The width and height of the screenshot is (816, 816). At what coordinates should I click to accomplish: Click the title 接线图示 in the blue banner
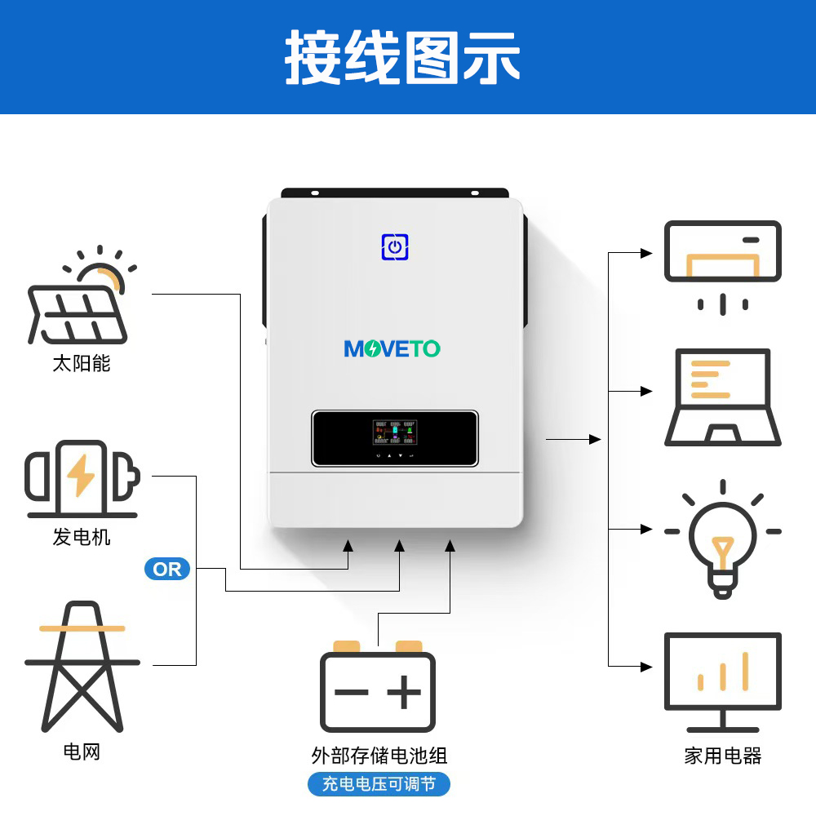tap(402, 58)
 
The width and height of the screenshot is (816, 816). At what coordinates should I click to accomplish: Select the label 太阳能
tap(81, 363)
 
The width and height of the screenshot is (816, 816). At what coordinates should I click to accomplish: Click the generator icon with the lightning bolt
tap(82, 478)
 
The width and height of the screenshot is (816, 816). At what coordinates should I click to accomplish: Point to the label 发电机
tap(81, 537)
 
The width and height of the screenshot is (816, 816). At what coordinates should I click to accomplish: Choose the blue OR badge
tap(167, 569)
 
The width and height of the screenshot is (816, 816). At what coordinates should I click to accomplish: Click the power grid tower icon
tap(82, 665)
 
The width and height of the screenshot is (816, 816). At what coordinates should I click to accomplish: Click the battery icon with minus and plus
tap(378, 689)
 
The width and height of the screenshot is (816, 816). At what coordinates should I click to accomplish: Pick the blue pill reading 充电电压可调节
tap(379, 785)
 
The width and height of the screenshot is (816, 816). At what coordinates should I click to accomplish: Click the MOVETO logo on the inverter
tap(392, 349)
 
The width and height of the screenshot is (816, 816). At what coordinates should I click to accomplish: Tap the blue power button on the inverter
tap(394, 246)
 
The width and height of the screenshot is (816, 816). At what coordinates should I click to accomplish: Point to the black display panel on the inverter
tap(394, 438)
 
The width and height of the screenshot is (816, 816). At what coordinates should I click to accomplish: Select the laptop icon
tap(722, 397)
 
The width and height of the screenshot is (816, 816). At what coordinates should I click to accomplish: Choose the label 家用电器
tap(722, 756)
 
